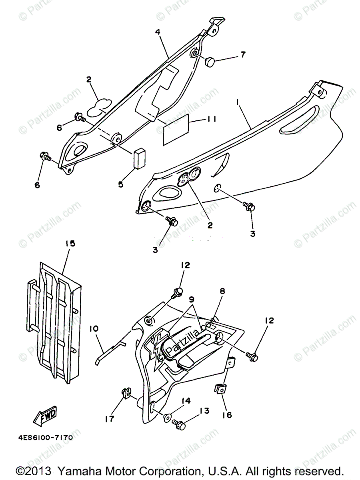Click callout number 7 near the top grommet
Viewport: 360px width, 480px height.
click(243, 54)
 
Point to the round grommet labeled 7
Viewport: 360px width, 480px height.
click(209, 62)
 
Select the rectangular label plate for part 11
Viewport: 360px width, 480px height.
click(175, 129)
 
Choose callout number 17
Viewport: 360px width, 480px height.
click(109, 419)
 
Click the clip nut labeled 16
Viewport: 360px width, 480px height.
click(220, 388)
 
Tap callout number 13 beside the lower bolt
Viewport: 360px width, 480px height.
click(204, 410)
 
